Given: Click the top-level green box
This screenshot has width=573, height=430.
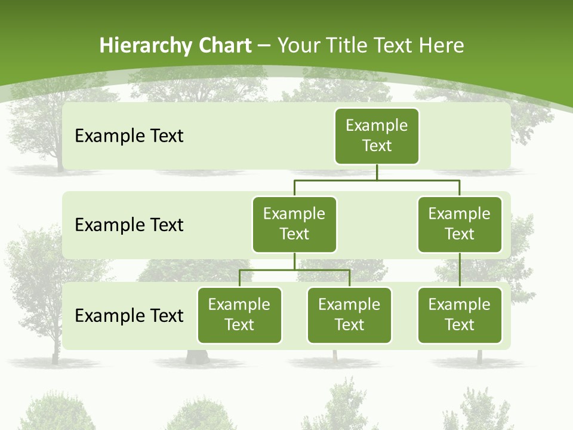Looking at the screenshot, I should click(x=377, y=136).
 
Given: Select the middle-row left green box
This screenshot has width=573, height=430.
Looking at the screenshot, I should click(x=294, y=224).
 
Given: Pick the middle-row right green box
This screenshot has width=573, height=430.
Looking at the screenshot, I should click(x=460, y=224).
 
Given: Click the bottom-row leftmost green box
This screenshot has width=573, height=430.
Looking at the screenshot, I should click(x=239, y=315).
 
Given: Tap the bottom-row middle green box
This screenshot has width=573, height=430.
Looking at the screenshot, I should click(x=349, y=315).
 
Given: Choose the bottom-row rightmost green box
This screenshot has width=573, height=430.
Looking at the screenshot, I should click(x=460, y=315).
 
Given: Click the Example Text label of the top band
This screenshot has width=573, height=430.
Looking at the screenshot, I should click(x=129, y=136).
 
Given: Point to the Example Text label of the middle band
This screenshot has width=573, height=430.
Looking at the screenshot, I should click(x=129, y=225).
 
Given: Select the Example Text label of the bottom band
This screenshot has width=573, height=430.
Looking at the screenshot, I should click(x=129, y=315).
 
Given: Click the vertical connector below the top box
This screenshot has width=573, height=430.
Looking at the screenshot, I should click(x=377, y=172).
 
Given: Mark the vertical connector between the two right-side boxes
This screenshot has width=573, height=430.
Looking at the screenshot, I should click(x=460, y=270).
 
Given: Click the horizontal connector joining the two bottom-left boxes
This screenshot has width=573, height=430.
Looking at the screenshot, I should click(x=294, y=270).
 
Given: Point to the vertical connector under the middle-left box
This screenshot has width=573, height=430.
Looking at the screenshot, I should click(x=294, y=261).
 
